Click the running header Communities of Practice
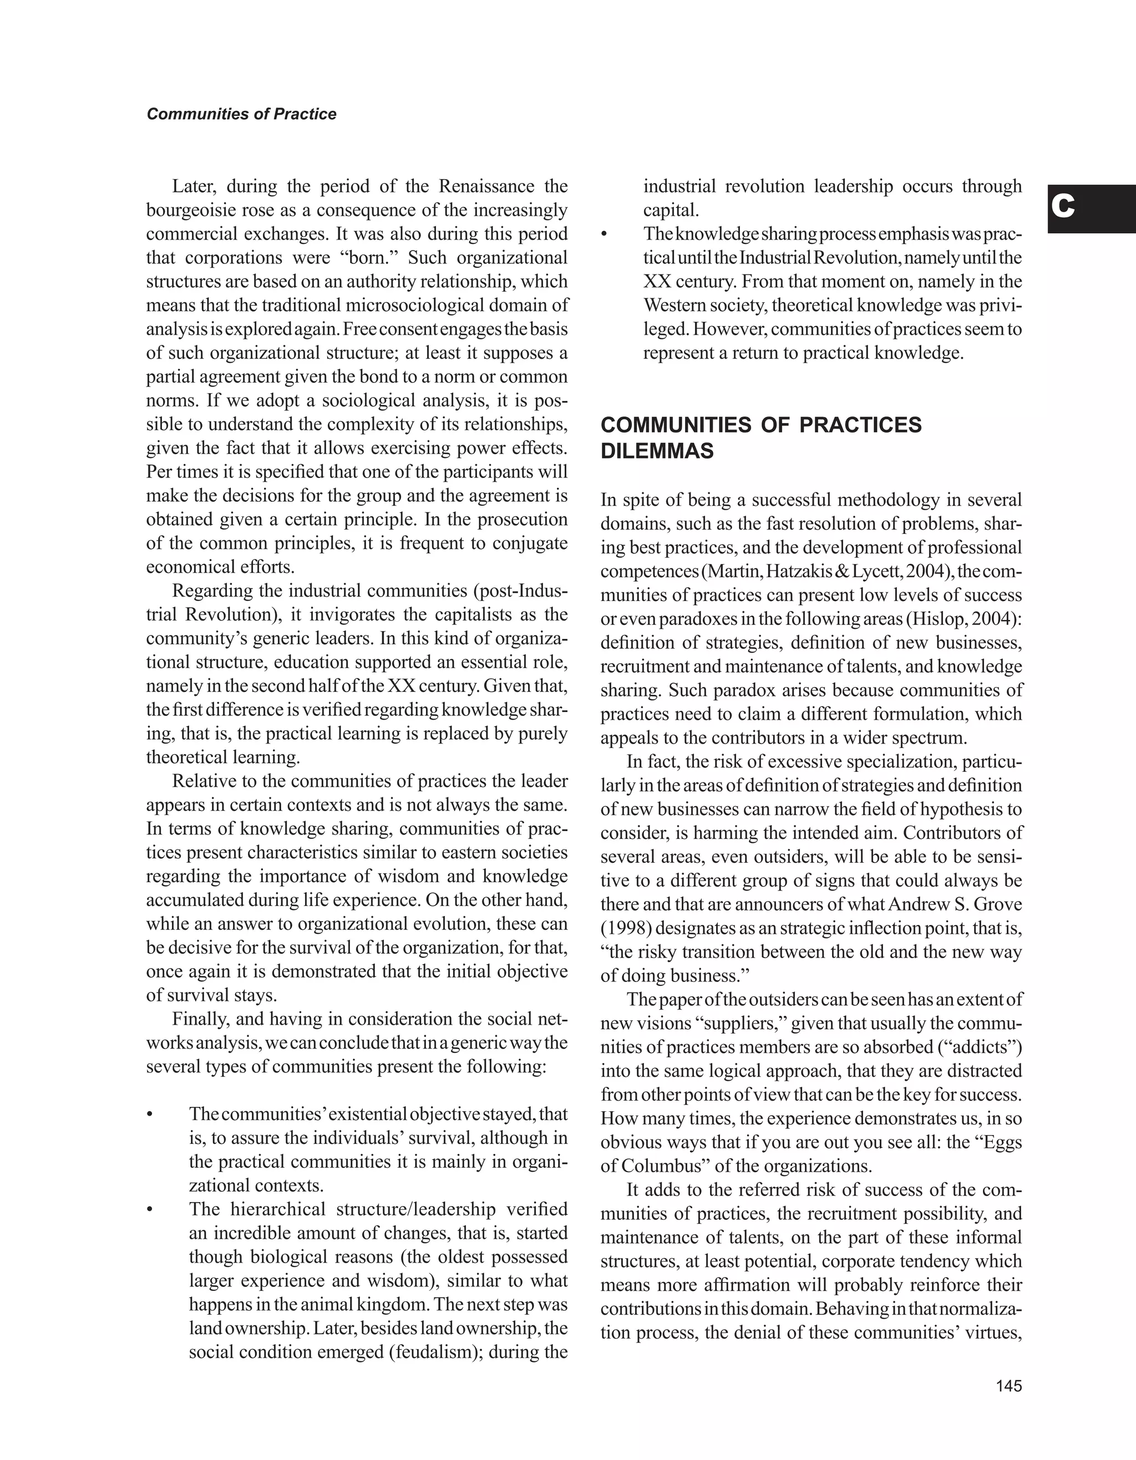(x=241, y=114)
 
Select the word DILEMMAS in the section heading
(x=657, y=452)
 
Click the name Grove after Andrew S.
(x=996, y=904)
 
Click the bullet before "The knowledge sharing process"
(x=605, y=234)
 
